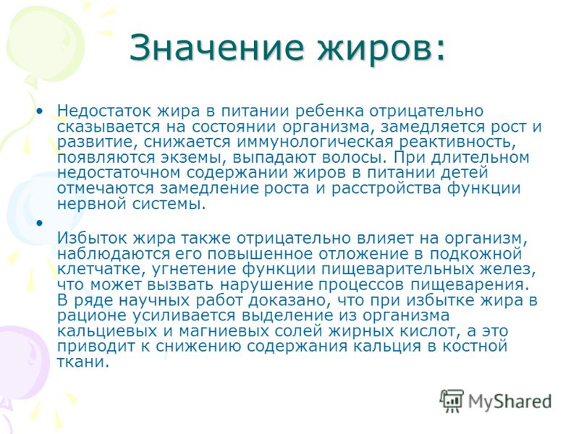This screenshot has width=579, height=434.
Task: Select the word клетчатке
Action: click(97, 269)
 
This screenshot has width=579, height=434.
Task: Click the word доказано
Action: click(289, 301)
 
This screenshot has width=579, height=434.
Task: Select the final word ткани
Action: click(83, 362)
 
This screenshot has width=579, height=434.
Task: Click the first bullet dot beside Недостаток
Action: click(40, 111)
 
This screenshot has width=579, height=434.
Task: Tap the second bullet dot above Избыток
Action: click(40, 223)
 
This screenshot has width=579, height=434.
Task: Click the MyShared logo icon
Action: click(451, 401)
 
